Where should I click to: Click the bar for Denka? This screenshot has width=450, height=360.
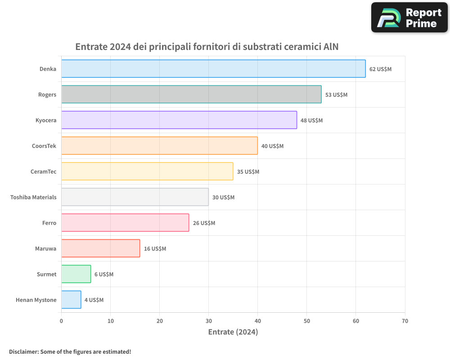pos(213,68)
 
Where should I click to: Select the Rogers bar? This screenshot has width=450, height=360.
pos(191,94)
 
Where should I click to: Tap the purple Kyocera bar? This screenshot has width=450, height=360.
pos(179,120)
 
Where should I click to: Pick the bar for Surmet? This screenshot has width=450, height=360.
pos(76,274)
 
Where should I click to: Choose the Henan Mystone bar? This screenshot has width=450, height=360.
pos(71,300)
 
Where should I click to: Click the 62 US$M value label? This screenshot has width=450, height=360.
pos(380,69)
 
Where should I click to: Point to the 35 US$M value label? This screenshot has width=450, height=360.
pos(248,171)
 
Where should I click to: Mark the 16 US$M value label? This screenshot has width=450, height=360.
pos(155,248)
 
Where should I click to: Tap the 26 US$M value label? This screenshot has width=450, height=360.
pos(204,223)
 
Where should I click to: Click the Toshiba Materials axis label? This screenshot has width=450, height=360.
pos(33,197)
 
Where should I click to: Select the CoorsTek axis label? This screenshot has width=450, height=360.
pos(44,146)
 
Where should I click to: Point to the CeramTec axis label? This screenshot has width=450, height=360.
pos(43,171)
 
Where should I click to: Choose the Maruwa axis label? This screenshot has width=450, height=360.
pos(45,248)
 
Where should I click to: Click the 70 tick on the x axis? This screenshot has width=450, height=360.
pos(405,321)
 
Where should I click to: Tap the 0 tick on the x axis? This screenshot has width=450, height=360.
pos(62,321)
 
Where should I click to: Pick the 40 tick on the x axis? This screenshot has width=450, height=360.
pos(258,321)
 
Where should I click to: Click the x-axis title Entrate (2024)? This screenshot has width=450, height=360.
pos(233,332)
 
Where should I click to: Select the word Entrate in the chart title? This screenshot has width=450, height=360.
pos(91,47)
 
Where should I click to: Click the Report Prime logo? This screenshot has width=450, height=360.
pos(409,18)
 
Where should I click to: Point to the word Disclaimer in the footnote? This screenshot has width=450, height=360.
pos(23,351)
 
